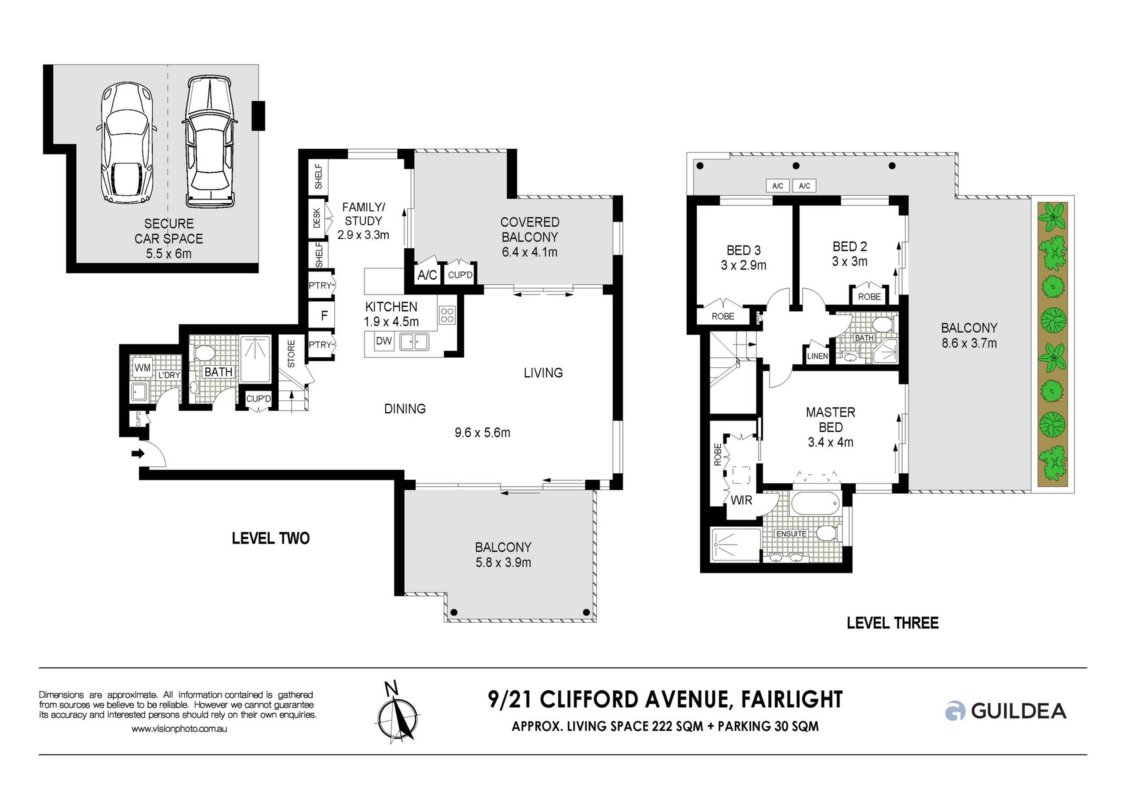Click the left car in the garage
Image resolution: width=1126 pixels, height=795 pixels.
point(126,142)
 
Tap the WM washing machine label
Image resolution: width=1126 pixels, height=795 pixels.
point(143,369)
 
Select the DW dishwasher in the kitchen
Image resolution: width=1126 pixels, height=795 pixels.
point(384,341)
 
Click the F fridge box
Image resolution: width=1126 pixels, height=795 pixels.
point(324,316)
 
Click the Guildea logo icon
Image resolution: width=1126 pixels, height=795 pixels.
point(955,711)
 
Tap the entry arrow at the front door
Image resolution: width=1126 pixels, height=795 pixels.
point(138,453)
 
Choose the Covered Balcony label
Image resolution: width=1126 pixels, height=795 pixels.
point(530,230)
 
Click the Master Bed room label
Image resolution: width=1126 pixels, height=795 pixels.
point(830,420)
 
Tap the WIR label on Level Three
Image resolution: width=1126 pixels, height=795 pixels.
point(741,500)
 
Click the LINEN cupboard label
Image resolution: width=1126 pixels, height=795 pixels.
point(818,356)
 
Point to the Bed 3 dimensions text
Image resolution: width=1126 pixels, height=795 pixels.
point(744,265)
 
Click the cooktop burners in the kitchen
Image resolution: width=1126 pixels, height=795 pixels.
point(447,315)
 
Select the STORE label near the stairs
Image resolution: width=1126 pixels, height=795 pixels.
point(291,354)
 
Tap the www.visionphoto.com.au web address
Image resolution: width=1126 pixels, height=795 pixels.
point(179,729)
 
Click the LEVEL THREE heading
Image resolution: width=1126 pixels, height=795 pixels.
point(893,623)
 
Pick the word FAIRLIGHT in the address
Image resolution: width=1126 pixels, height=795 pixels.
point(792,700)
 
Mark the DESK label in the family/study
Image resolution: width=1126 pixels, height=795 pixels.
point(317,218)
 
